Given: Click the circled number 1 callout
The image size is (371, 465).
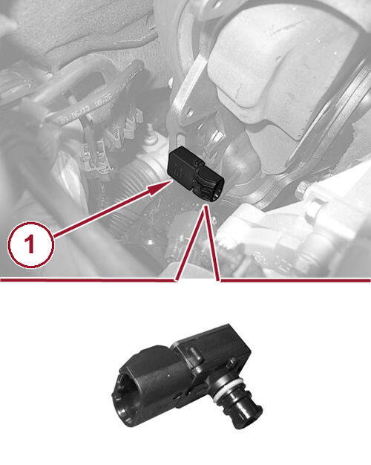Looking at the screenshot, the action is pos(30,245).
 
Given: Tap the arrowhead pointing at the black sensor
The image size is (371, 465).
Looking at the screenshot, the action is pos(160,187).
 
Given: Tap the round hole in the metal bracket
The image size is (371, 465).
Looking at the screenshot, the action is pos(190,112).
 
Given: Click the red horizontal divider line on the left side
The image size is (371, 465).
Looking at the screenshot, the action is pos(88,279).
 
